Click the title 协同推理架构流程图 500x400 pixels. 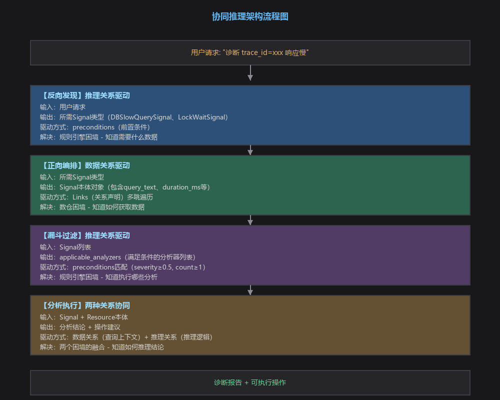(250, 16)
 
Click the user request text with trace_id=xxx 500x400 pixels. (249, 52)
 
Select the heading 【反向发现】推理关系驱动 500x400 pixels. (85, 95)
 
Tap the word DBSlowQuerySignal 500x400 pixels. (140, 117)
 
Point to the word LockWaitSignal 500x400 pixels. (201, 117)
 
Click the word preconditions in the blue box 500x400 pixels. (93, 127)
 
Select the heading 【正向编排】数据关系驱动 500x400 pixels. (85, 165)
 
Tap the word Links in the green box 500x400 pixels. (79, 197)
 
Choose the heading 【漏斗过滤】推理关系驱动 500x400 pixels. (85, 235)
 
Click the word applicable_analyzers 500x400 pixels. (90, 257)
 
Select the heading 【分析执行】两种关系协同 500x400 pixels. (85, 305)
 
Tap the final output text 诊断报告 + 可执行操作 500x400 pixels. (250, 382)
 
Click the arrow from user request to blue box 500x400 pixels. (250, 72)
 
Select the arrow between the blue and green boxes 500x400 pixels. (250, 150)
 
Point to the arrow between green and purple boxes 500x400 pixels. (250, 220)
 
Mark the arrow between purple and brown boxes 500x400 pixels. (250, 290)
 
